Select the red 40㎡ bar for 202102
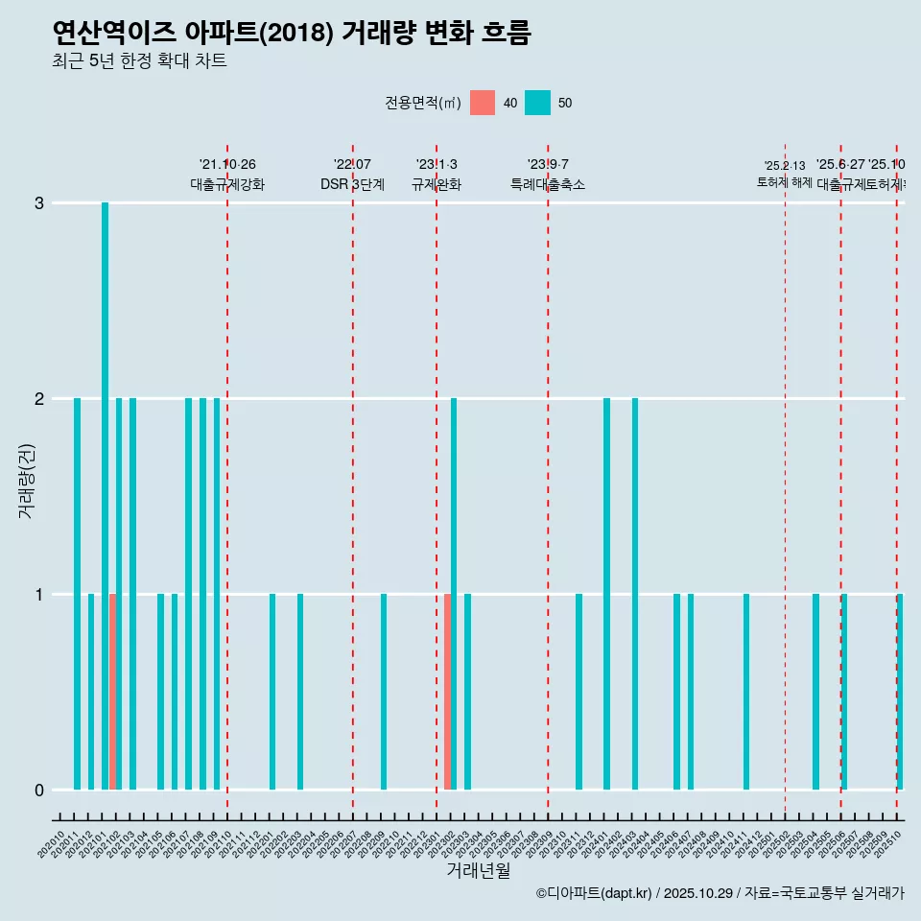pos(112,692)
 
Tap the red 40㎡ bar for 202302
pos(447,692)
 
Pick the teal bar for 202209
pos(384,692)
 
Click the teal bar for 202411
pos(746,692)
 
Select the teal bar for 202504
pos(815,692)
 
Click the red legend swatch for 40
pos(483,103)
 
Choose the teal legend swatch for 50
pos(537,103)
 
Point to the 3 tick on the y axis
pos(39,203)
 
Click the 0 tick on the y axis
pos(39,791)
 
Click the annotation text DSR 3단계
pos(352,185)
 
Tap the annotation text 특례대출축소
pos(548,185)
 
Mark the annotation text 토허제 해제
pos(785,182)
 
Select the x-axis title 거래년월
pos(478,870)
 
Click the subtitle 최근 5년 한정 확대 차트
pos(140,61)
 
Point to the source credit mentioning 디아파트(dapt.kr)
pos(720,893)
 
